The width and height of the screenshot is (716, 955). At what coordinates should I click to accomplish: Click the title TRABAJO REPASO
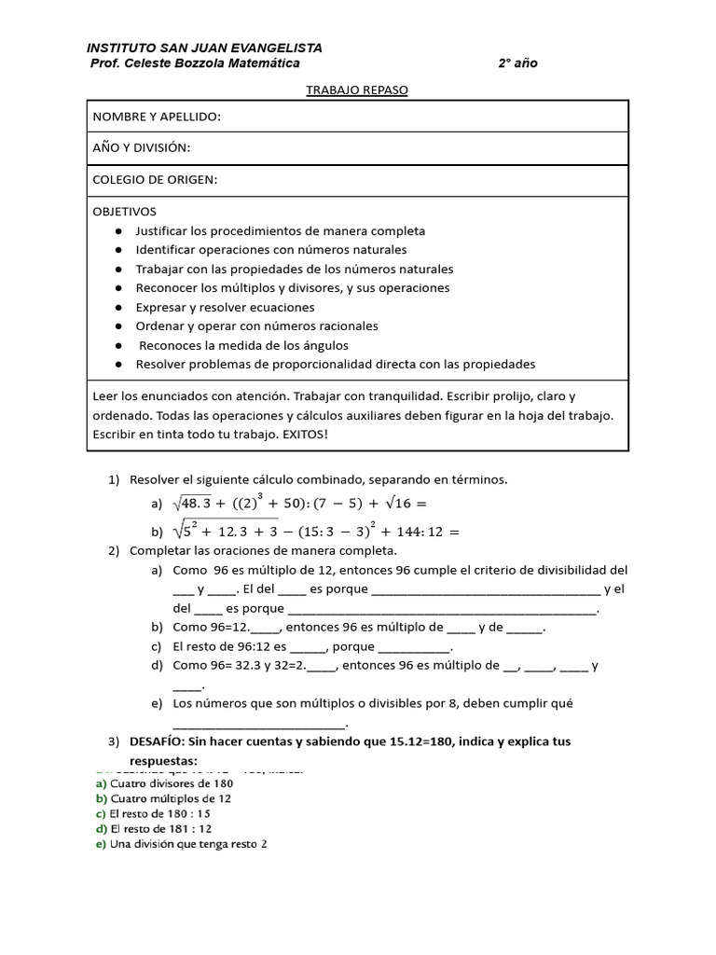[x=358, y=90]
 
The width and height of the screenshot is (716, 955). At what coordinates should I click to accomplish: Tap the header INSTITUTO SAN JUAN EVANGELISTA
[x=204, y=48]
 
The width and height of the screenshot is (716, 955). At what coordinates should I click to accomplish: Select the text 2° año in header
[x=517, y=63]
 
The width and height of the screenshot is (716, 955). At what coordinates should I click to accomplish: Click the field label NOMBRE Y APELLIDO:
[x=157, y=117]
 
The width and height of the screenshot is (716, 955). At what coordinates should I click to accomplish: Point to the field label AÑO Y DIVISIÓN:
[x=141, y=148]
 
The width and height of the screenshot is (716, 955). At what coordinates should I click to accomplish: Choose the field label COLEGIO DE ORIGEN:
[x=155, y=180]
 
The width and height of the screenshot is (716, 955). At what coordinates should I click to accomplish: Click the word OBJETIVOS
[x=125, y=212]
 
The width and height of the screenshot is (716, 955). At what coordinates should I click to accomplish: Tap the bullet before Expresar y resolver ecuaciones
[x=118, y=308]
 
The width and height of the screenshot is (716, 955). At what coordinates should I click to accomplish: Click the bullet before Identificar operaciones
[x=118, y=250]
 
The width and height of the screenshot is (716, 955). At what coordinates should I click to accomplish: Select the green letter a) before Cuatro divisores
[x=101, y=784]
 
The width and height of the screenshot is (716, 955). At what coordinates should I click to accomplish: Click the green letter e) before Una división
[x=101, y=844]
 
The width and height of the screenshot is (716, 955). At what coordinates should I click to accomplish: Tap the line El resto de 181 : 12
[x=161, y=829]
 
